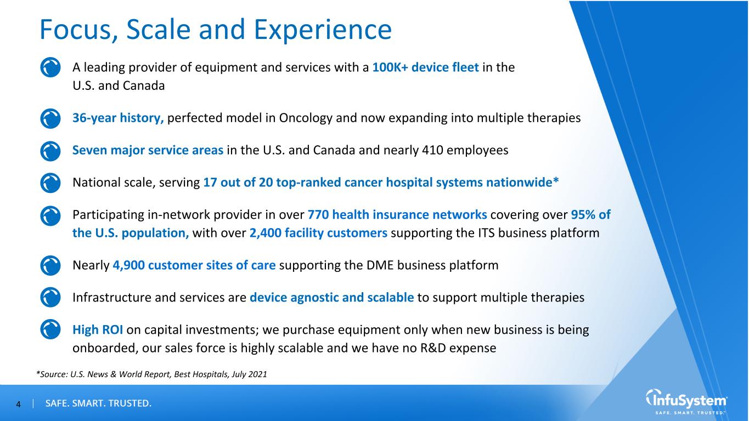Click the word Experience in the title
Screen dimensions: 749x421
point(323,30)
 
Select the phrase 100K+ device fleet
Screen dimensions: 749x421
point(425,67)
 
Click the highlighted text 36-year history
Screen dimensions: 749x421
point(118,118)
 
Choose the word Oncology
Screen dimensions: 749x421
point(306,118)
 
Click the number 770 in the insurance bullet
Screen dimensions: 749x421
point(318,214)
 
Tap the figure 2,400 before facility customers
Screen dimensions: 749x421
point(266,233)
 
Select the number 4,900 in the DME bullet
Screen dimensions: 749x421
point(128,266)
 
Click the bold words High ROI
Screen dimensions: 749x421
point(97,330)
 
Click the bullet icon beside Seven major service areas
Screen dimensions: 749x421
point(50,151)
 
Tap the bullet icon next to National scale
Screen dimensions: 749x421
point(50,183)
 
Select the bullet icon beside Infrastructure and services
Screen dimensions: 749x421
point(50,297)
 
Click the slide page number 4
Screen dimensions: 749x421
point(19,405)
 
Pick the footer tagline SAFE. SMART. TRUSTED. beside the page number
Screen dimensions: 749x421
point(98,403)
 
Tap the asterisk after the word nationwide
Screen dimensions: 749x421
point(556,180)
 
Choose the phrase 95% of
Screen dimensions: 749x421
point(591,214)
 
